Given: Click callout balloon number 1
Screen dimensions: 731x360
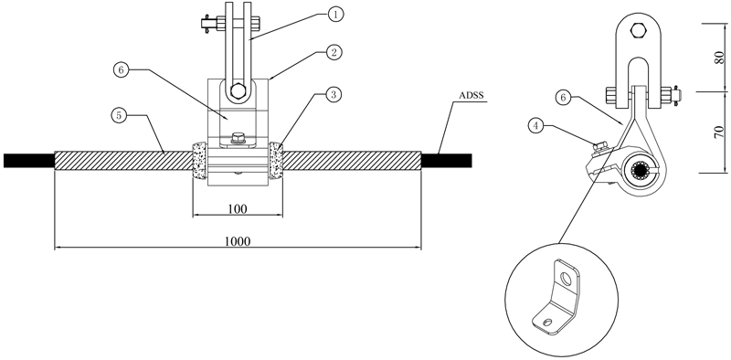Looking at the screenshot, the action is click(x=335, y=14).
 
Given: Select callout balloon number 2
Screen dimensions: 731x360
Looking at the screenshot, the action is click(x=334, y=53).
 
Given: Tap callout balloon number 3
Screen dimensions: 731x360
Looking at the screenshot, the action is click(x=334, y=95).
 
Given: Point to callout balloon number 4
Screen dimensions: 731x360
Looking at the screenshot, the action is click(x=536, y=126).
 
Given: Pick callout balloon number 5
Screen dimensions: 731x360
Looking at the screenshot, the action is click(x=120, y=115).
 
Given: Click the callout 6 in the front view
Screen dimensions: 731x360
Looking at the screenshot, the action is click(x=121, y=70).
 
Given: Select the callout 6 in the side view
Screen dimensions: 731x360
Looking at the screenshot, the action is click(x=563, y=98).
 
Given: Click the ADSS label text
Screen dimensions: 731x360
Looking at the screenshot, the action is click(x=471, y=96).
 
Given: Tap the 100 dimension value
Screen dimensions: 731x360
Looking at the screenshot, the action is click(x=238, y=209).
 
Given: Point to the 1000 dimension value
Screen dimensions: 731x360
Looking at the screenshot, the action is click(x=238, y=241).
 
